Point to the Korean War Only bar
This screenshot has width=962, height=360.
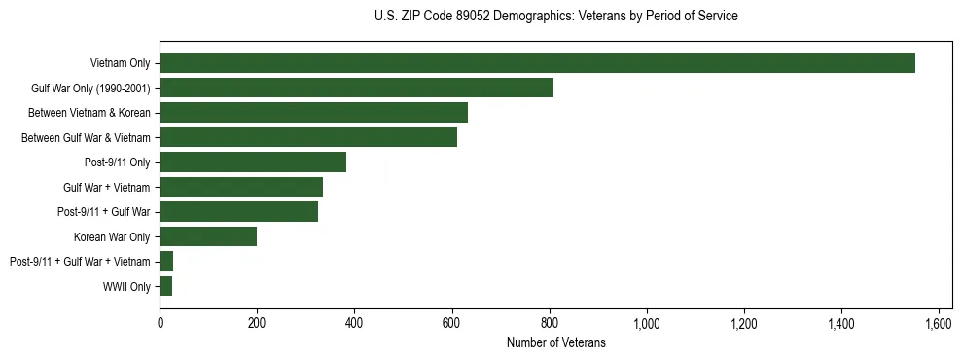208,236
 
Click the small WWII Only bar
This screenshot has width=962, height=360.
166,286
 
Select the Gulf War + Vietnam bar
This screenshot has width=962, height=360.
241,187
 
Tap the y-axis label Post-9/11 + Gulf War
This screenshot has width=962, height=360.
104,212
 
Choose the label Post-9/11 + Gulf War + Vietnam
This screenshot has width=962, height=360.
80,262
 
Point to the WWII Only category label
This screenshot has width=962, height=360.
126,286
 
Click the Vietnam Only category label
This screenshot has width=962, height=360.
121,63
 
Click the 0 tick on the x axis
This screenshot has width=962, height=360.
160,322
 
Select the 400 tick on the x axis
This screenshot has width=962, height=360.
354,322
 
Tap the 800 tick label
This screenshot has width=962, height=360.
549,322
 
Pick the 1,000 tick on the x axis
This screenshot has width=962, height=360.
646,322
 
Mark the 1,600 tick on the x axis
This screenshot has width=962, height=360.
938,322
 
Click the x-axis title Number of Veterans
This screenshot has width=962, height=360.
555,342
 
